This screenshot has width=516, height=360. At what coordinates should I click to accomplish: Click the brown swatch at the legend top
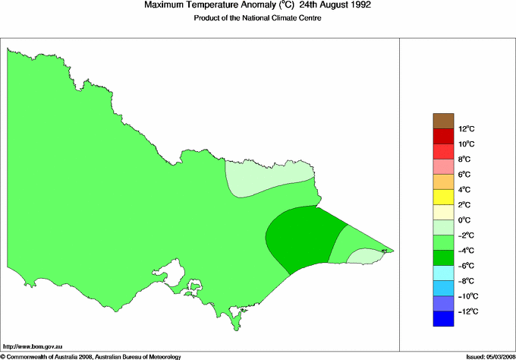click(x=443, y=121)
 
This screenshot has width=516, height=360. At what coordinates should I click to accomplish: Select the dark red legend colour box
click(x=443, y=136)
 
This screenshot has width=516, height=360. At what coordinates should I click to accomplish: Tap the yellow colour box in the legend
click(x=443, y=197)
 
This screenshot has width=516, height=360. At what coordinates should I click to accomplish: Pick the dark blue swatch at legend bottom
click(x=443, y=319)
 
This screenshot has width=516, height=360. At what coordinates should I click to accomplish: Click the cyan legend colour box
click(x=443, y=273)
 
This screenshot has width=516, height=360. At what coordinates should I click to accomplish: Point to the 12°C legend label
click(x=467, y=128)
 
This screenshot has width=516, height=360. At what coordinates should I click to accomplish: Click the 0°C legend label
click(x=467, y=220)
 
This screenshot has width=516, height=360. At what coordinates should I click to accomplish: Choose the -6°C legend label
click(x=467, y=266)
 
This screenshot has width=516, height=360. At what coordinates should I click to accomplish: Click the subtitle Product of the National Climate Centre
click(x=258, y=18)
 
